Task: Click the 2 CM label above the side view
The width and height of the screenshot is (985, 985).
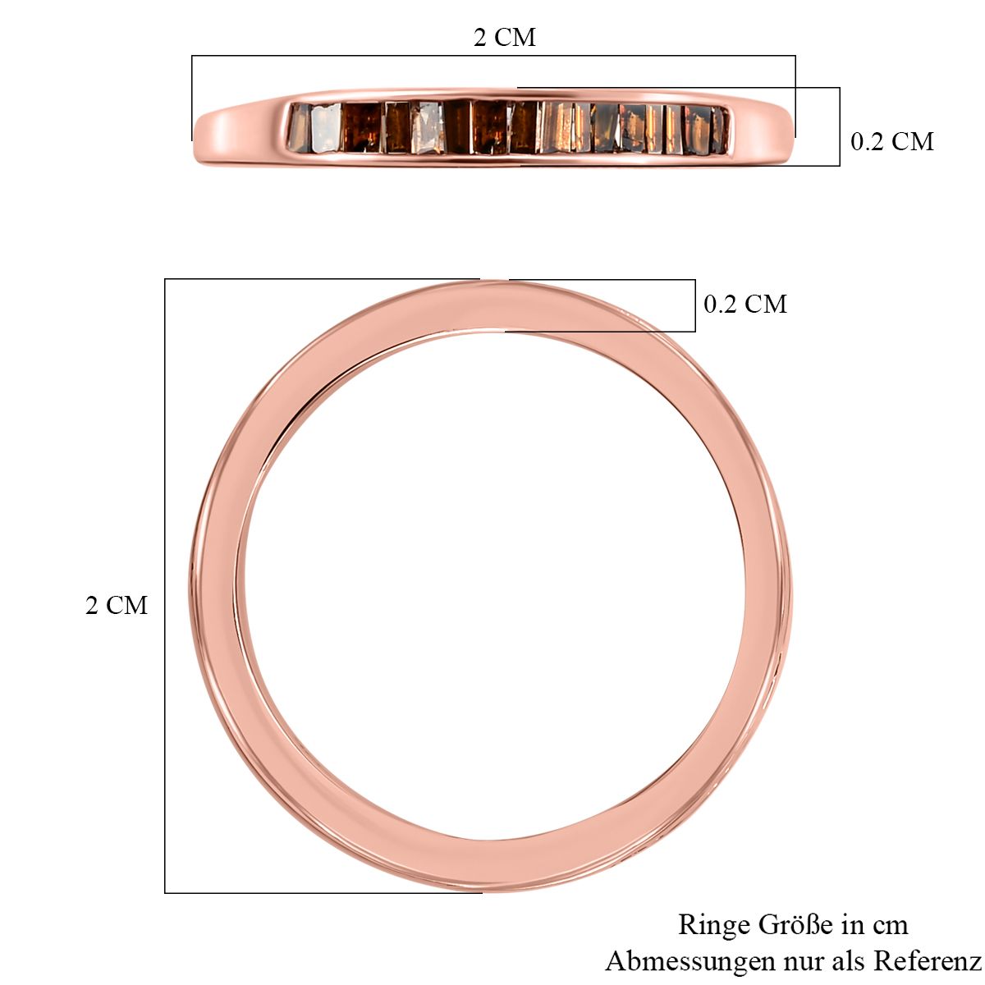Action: pyautogui.click(x=505, y=37)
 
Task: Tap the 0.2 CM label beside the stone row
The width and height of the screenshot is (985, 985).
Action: pyautogui.click(x=892, y=141)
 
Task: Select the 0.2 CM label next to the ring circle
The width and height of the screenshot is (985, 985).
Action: pyautogui.click(x=745, y=305)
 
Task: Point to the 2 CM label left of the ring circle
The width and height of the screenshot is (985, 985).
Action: pyautogui.click(x=117, y=605)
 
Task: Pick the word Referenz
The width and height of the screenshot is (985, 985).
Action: pyautogui.click(x=928, y=961)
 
